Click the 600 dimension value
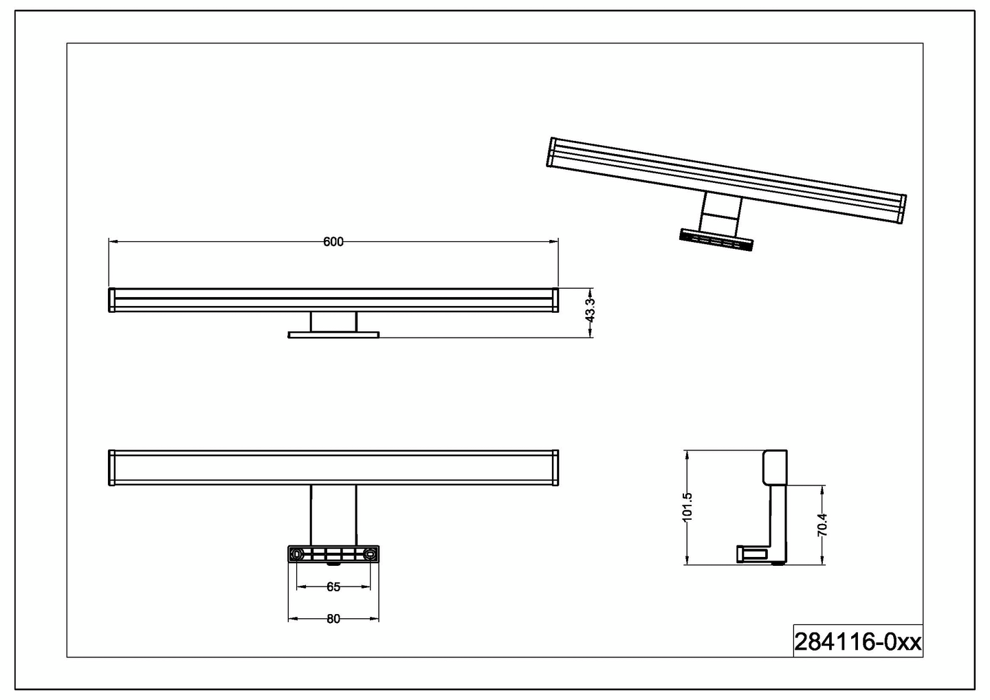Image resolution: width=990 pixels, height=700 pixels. (333, 241)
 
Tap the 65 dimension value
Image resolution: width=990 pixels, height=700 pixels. (333, 587)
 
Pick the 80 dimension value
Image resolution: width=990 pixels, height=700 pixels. (333, 619)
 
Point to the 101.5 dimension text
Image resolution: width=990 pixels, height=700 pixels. (687, 507)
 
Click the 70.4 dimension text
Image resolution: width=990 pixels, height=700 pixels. (823, 525)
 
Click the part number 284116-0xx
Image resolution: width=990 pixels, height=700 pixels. (857, 642)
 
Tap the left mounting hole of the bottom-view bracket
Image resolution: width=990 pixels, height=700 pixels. (297, 554)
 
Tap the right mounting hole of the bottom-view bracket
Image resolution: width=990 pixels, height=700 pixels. (371, 554)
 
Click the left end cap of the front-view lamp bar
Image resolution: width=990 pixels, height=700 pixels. (111, 300)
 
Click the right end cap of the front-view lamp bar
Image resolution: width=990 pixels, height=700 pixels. (555, 300)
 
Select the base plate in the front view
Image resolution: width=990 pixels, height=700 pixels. (333, 335)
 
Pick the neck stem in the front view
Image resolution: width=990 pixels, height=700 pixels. (333, 322)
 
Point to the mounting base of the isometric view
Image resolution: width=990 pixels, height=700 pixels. (716, 240)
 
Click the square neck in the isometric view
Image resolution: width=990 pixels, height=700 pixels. (720, 211)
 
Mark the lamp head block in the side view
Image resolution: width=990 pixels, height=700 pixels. (775, 467)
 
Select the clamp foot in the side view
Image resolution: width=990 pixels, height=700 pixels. (752, 552)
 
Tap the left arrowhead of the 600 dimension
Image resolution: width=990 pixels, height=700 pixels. (113, 241)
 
